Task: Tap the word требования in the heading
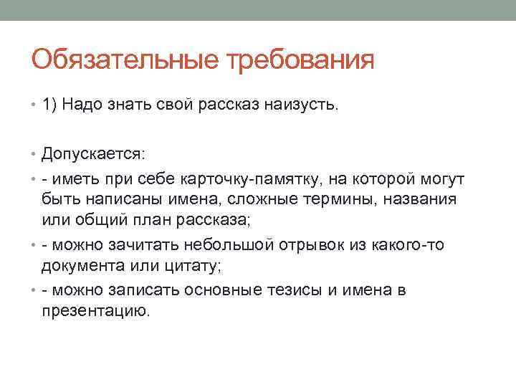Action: tap(300, 59)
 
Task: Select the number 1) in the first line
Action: tap(49, 106)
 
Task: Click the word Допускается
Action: tap(92, 154)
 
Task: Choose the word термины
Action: tap(325, 197)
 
